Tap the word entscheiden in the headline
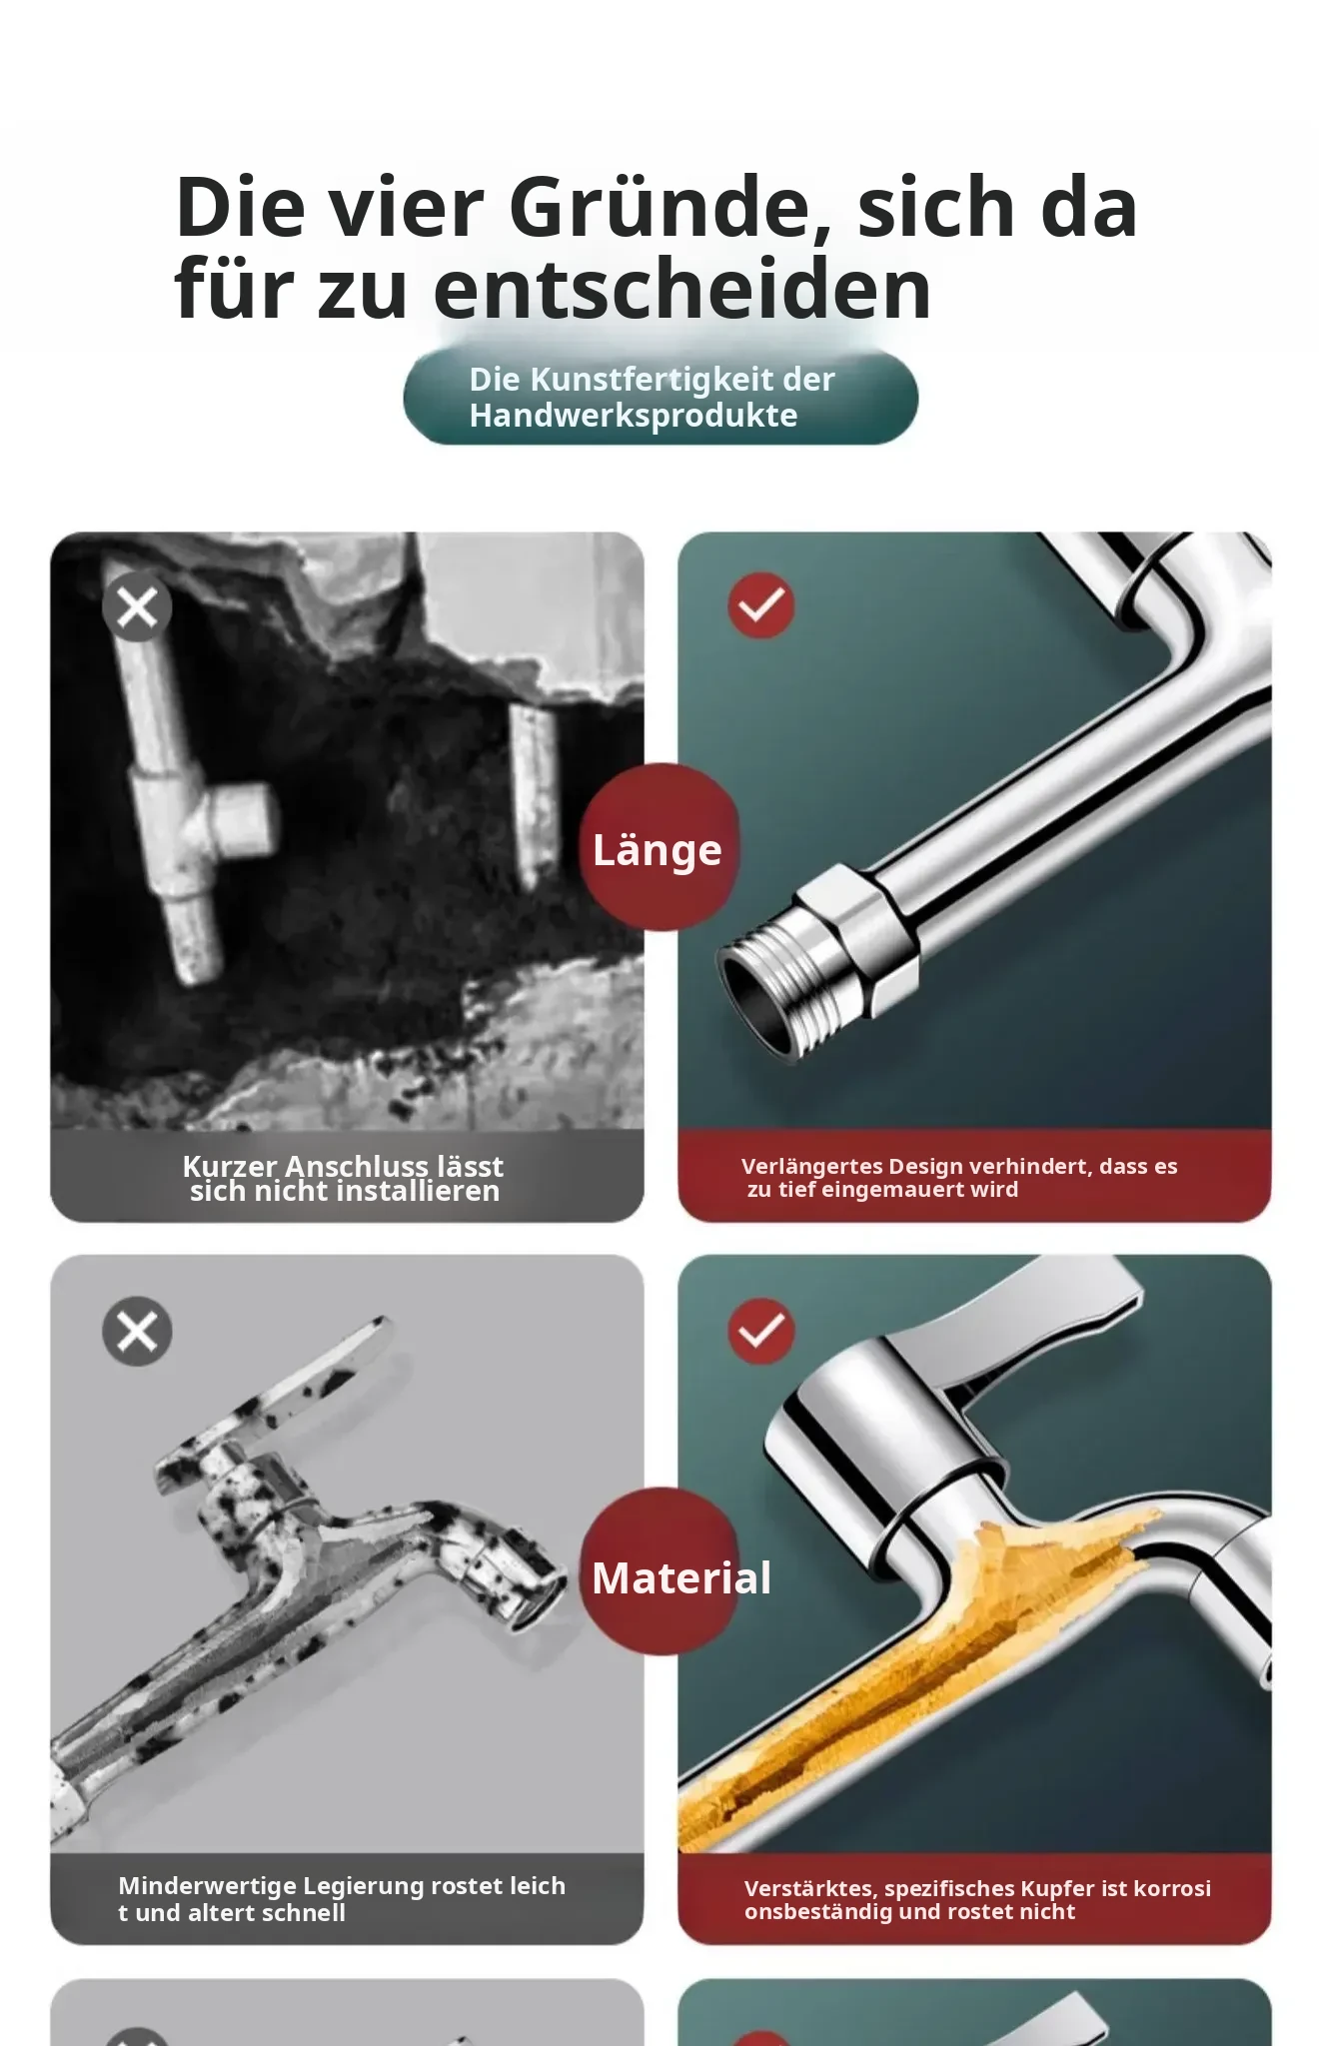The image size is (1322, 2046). (682, 290)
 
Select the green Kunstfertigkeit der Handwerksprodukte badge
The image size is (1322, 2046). (661, 397)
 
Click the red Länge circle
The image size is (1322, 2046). (660, 847)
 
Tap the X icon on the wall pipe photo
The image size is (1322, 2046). (137, 606)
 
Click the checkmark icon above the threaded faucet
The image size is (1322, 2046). (761, 604)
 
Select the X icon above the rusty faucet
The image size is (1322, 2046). (137, 1331)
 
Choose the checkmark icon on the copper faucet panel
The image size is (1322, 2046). (761, 1330)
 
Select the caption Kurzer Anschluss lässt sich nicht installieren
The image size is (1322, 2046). (343, 1178)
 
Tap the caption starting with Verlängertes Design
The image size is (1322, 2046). (959, 1177)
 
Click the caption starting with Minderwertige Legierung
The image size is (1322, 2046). (342, 1898)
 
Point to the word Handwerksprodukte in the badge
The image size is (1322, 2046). (634, 416)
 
